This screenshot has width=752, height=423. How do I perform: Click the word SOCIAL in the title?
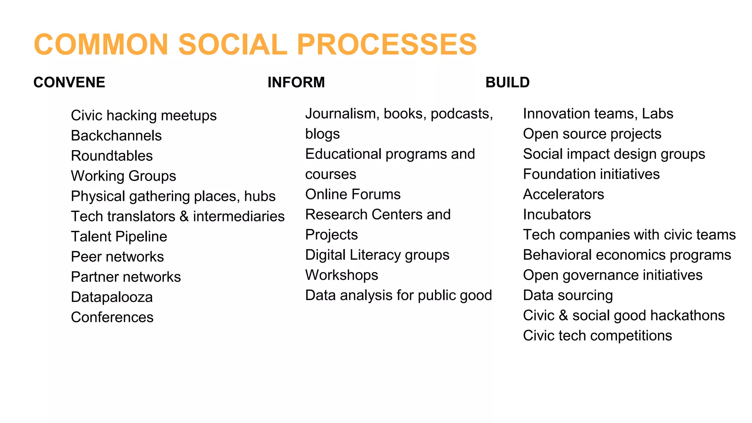232,44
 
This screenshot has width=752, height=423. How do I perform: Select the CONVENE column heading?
69,82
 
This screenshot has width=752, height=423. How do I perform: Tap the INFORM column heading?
296,82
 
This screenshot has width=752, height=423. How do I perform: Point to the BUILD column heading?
507,82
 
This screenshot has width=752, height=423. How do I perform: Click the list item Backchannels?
116,135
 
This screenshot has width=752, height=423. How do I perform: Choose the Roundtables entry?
112,156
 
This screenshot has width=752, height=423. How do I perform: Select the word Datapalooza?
112,297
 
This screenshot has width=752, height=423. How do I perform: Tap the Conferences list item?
112,317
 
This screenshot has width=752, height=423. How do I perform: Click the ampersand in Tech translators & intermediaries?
184,216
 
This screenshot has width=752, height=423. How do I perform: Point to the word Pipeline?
141,236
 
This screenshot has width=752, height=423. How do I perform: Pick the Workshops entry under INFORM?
341,275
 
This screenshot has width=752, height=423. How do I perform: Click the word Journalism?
342,114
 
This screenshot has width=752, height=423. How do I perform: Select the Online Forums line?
352,194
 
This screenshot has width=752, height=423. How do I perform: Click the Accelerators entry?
563,194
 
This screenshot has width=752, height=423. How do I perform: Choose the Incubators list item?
557,214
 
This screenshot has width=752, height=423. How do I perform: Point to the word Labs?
657,114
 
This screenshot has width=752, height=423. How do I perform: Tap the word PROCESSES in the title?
387,44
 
